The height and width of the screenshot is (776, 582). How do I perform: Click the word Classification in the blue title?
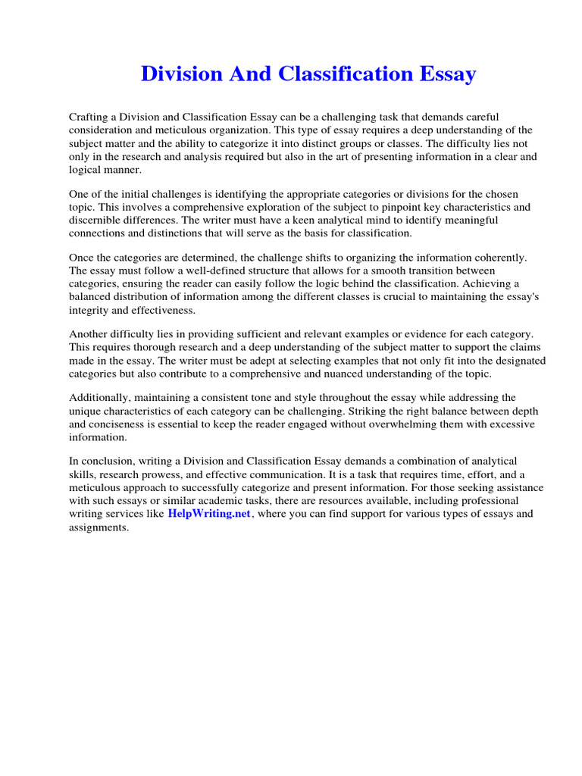329,74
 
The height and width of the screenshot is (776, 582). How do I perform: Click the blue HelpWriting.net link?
208,514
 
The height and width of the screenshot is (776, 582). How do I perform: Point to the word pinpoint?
400,207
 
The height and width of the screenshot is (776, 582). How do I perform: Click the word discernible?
97,220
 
